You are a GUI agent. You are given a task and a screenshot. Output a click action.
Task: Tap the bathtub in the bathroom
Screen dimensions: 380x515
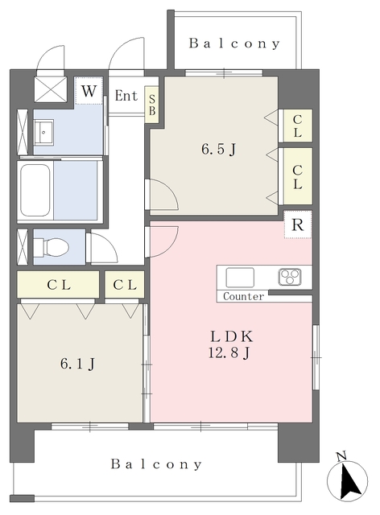pos(35,190)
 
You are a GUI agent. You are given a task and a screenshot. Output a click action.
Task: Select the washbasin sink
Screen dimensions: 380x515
pos(43,132)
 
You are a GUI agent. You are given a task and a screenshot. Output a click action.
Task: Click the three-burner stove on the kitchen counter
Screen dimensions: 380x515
pos(290,277)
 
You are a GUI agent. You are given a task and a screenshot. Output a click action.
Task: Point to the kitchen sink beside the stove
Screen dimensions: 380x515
pos(240,278)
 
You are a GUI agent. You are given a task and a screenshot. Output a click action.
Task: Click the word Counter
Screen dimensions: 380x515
pos(243,296)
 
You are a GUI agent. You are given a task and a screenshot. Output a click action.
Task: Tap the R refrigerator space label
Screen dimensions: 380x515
pos(298,225)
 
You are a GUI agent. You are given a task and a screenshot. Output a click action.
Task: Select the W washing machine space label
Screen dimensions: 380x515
pos(89,91)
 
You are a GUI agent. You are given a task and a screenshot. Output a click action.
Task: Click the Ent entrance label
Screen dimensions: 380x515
pos(126,96)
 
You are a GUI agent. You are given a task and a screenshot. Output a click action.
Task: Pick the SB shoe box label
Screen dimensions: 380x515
pos(152,105)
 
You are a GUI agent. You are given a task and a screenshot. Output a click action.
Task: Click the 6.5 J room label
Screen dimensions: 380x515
pos(219,150)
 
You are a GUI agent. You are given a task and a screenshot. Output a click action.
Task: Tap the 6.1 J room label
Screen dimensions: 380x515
pos(78,364)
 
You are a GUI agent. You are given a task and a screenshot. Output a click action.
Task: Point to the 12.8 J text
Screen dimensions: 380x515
pos(229,352)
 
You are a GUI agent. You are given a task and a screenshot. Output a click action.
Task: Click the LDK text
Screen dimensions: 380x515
pos(232,336)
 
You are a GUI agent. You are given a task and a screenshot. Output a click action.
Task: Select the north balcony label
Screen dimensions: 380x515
pos(234,43)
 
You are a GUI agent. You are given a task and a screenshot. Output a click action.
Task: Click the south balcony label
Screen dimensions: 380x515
pos(156,464)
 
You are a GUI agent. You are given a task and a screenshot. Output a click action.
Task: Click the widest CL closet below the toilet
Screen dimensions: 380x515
pos(58,284)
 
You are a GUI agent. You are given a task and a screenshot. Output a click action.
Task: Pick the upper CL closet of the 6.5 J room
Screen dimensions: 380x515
pos(297,126)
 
